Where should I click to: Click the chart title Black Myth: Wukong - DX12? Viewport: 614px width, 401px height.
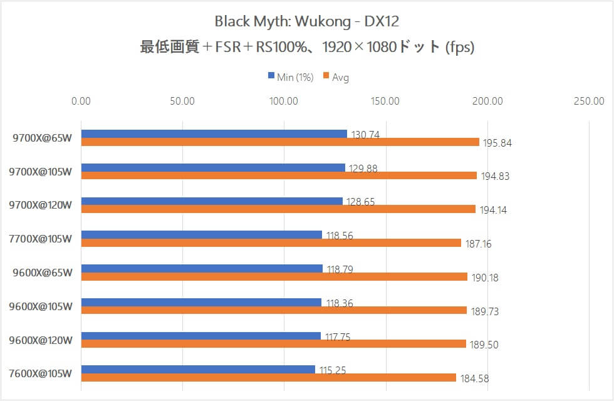click(306, 21)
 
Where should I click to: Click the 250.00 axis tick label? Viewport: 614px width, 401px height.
click(589, 101)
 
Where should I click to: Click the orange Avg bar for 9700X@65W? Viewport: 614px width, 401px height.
click(279, 142)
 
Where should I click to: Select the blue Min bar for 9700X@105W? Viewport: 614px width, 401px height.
click(213, 167)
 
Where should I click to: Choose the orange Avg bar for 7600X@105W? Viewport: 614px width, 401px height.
click(268, 378)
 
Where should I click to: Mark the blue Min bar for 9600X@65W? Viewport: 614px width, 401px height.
click(202, 268)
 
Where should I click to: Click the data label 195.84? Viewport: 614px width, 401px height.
click(497, 143)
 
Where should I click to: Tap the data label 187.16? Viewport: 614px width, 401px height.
click(478, 244)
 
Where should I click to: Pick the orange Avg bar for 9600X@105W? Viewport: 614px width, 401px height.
click(274, 310)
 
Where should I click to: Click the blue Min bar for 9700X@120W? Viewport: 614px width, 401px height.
click(212, 201)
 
